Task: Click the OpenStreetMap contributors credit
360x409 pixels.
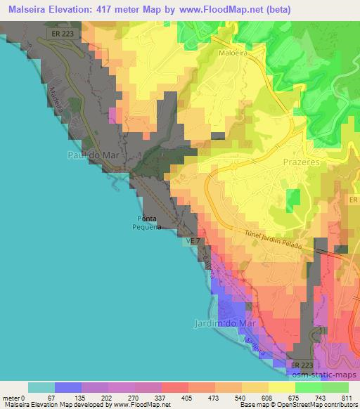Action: [316, 405]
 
